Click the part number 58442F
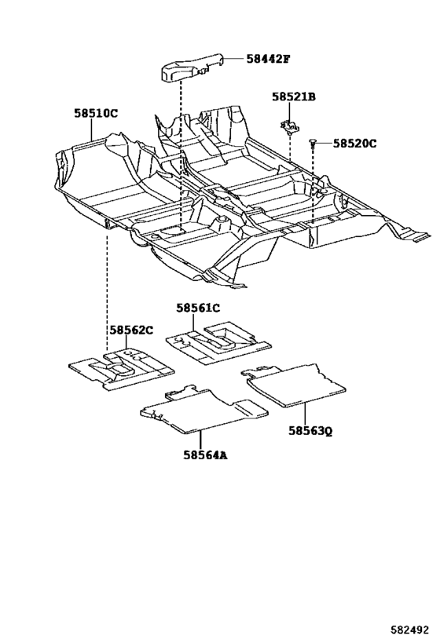(268, 59)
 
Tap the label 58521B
(294, 97)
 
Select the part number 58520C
(354, 144)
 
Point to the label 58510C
(96, 113)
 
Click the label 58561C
(198, 308)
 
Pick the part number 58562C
(131, 330)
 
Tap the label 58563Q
(310, 430)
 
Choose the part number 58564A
(205, 455)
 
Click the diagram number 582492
(409, 630)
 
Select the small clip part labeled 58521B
(290, 126)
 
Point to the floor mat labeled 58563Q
(295, 385)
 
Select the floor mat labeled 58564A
(204, 409)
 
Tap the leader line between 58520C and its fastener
(324, 143)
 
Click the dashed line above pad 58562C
(108, 290)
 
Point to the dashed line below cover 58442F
(181, 155)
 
